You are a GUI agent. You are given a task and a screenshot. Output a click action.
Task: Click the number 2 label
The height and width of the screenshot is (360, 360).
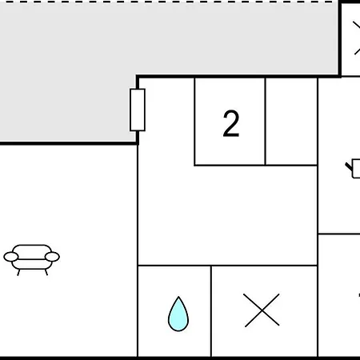tap(231, 123)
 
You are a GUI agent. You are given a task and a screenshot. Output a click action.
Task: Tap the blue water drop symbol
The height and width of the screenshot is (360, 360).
tap(178, 314)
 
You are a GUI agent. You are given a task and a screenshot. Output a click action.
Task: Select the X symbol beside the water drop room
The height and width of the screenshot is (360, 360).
tap(262, 310)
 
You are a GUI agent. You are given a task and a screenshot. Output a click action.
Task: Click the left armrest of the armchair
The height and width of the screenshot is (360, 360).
tap(11, 257)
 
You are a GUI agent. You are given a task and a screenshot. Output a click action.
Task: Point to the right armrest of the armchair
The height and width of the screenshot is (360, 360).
tap(52, 257)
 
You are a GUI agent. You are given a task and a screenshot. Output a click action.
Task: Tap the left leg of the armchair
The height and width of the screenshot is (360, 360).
tap(18, 272)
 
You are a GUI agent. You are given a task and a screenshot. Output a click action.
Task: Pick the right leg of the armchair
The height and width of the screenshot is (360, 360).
tap(46, 272)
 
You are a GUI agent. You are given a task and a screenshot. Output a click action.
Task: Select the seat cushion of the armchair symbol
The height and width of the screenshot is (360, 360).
tap(32, 264)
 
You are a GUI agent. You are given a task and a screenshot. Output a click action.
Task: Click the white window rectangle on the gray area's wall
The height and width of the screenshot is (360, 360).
tap(138, 110)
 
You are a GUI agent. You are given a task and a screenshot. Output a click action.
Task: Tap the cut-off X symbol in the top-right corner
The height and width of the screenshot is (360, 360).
tap(357, 38)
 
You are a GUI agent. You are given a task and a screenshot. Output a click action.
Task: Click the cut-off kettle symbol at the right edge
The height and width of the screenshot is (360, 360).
tap(353, 168)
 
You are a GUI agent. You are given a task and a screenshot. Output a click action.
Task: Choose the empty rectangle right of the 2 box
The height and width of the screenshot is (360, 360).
tap(291, 122)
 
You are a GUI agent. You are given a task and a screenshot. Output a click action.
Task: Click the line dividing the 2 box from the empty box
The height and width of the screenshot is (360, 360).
tap(266, 122)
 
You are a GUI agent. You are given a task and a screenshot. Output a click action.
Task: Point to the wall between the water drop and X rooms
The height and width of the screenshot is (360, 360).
tap(211, 311)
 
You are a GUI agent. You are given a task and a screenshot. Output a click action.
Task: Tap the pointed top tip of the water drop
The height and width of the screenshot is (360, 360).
tap(178, 297)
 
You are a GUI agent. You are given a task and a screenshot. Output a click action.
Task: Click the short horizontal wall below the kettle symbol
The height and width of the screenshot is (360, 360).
tap(339, 234)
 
